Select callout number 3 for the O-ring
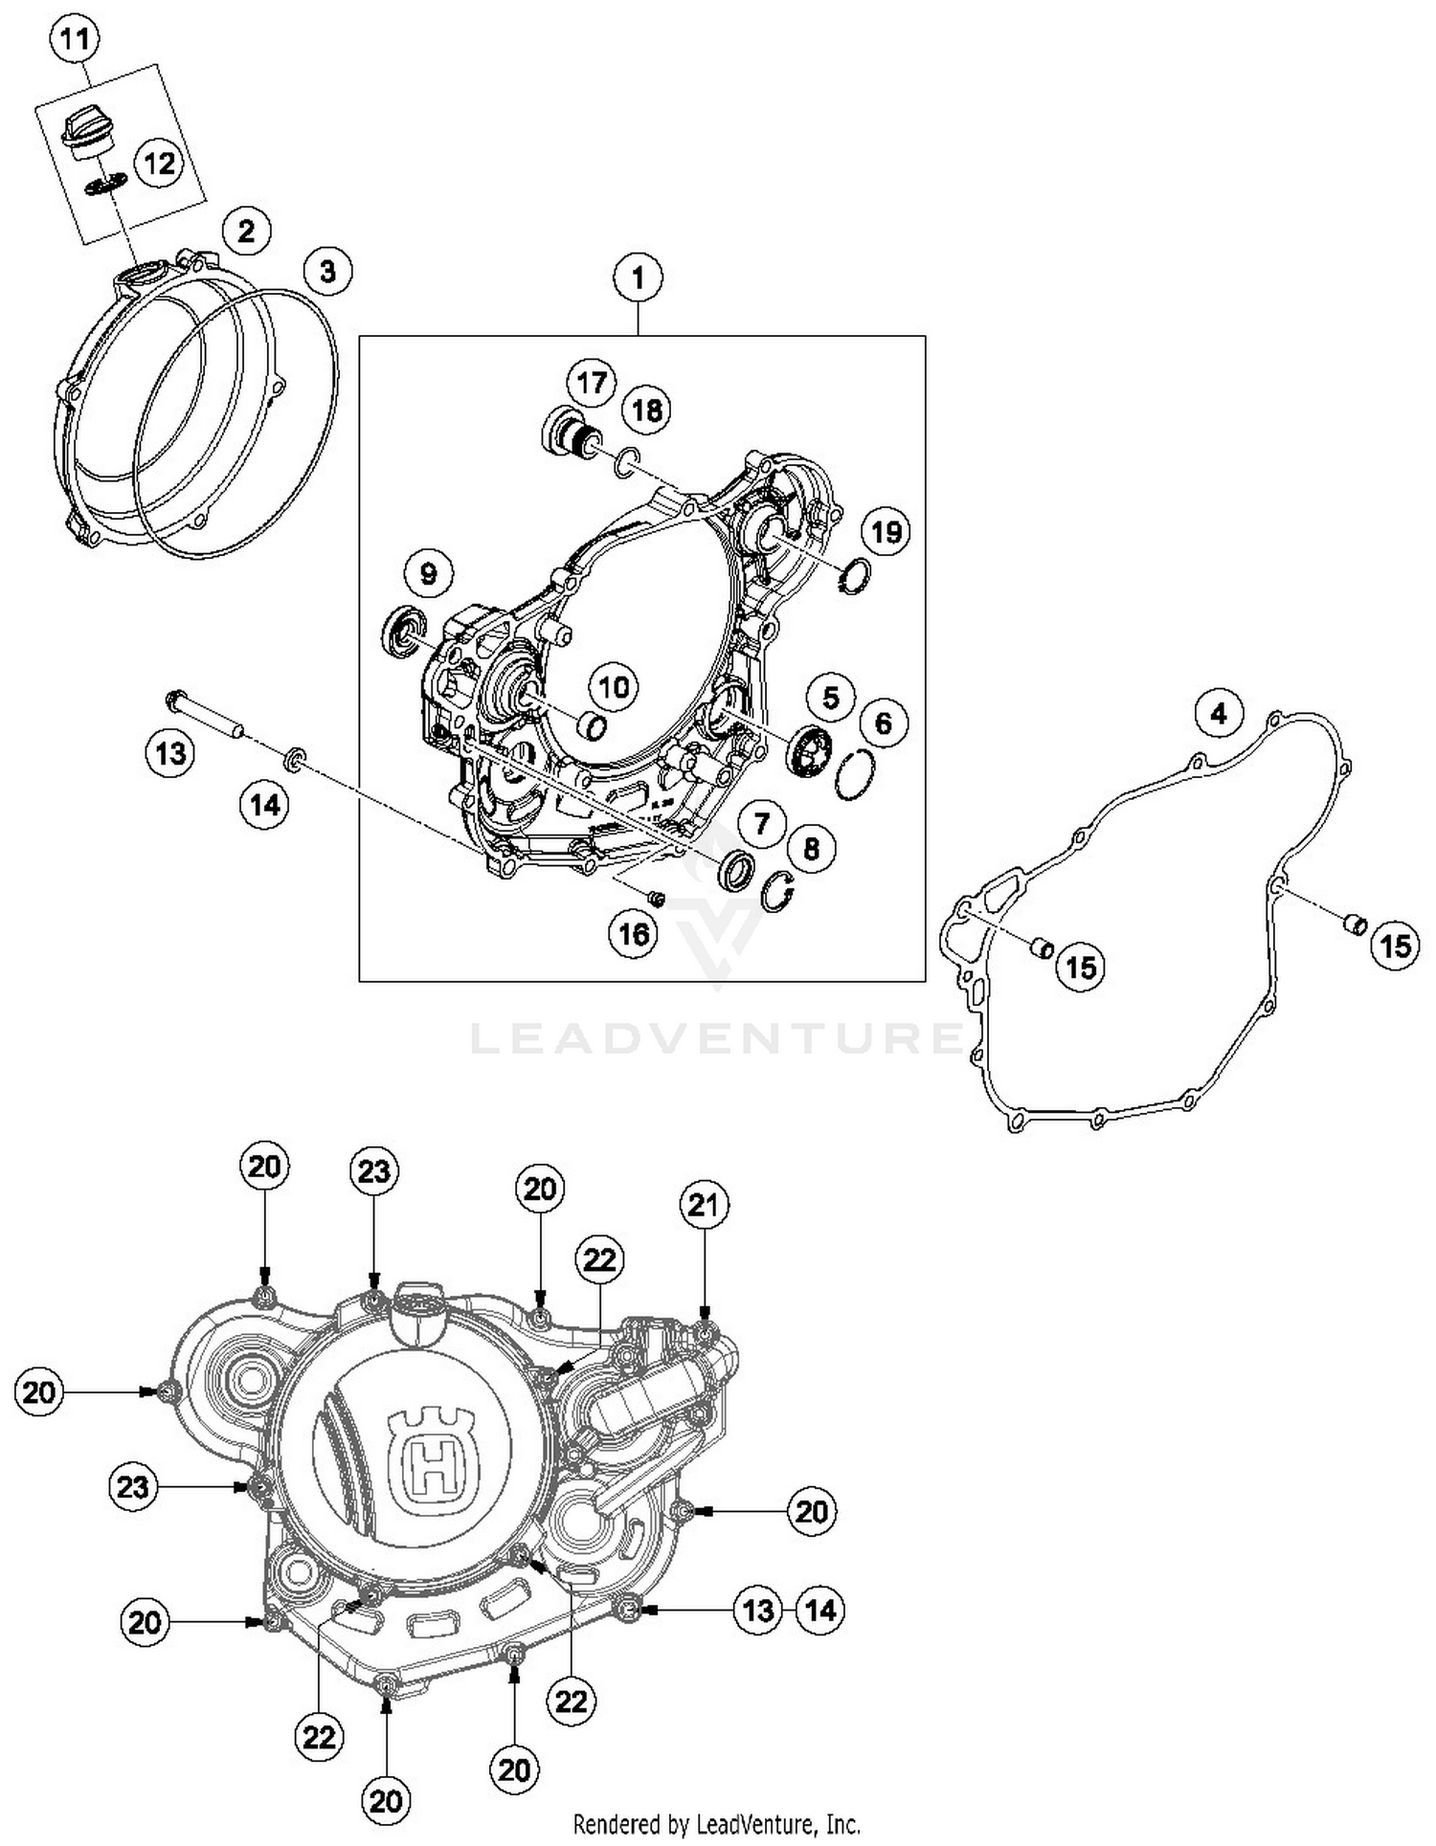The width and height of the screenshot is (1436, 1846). click(327, 271)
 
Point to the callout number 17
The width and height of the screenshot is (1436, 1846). click(592, 383)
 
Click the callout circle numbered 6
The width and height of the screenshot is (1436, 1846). click(883, 723)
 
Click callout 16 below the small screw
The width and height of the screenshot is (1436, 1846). click(634, 932)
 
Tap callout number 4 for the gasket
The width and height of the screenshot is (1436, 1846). click(1218, 713)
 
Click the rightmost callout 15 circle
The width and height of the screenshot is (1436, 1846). click(1394, 945)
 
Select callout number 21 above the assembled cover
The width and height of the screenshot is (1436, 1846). click(704, 1205)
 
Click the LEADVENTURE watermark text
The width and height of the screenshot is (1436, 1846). click(716, 1039)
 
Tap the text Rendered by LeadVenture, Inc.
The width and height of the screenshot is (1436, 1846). click(716, 1823)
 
